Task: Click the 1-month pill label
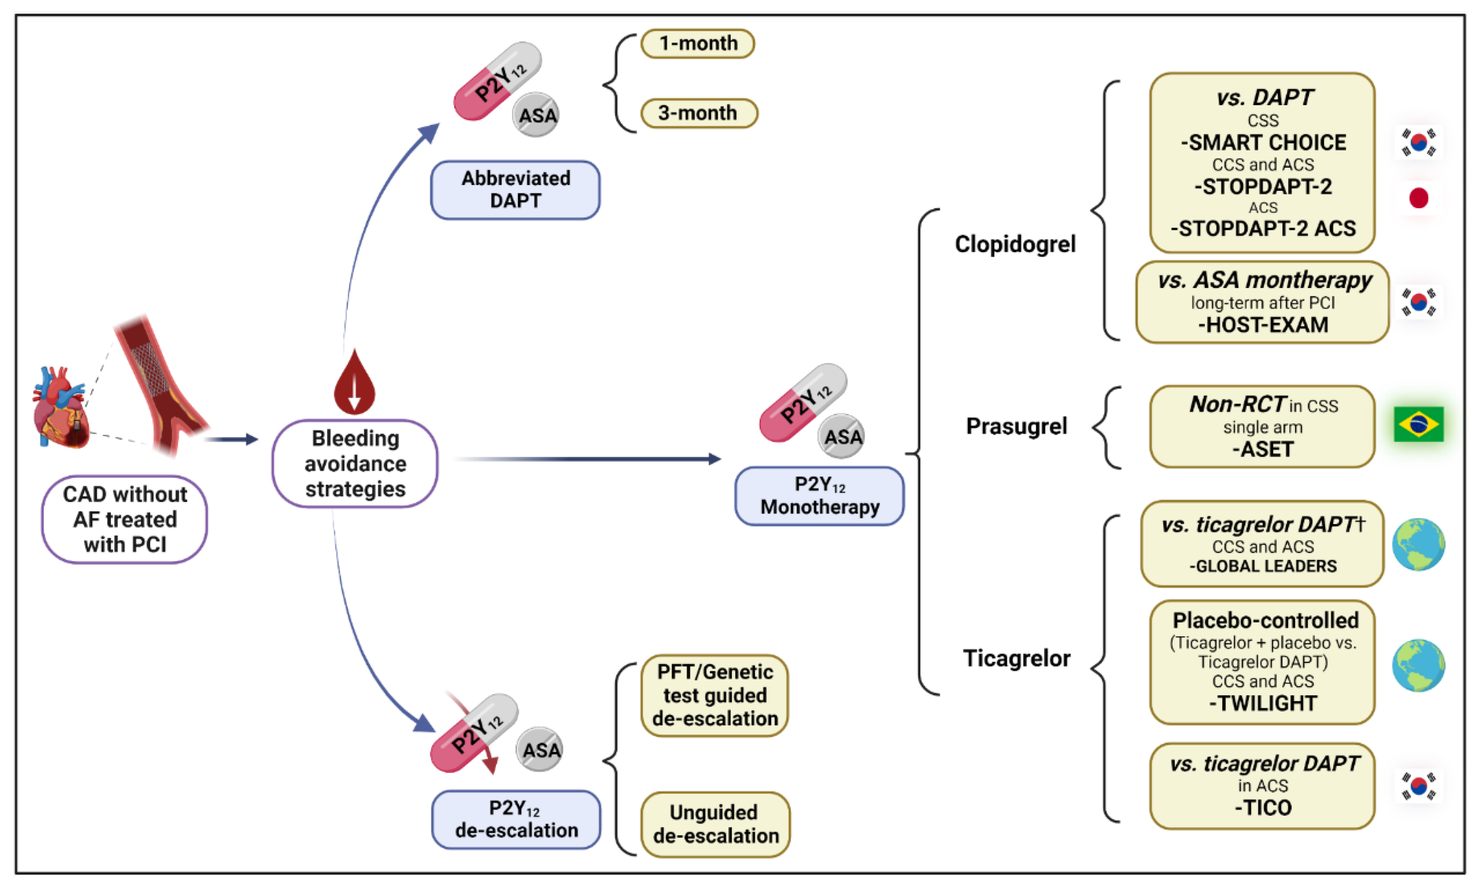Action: pos(697,44)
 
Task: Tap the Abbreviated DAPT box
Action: pos(515,190)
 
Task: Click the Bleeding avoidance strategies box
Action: pos(355,464)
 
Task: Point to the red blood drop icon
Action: pos(354,383)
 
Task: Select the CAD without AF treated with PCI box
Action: pos(125,519)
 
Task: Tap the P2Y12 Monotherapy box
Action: pos(819,496)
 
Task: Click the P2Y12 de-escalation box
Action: pos(515,819)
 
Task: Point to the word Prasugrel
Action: pos(1016,426)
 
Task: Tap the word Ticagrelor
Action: pos(1016,658)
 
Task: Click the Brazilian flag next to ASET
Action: pos(1418,424)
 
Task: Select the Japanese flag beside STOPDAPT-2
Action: pos(1418,198)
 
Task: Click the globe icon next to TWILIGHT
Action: pos(1418,665)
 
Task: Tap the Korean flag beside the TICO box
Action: pos(1418,785)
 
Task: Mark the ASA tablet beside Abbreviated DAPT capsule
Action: pos(535,115)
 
